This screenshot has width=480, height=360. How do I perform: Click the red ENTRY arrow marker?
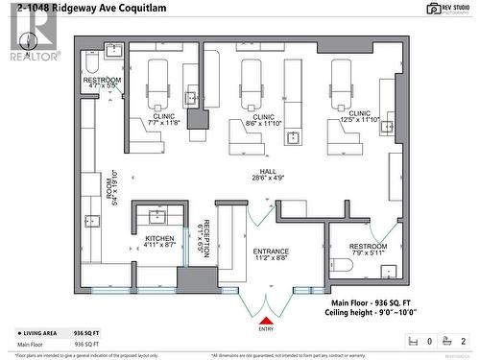click(x=266, y=320)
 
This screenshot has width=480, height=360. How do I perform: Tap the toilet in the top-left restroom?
click(x=91, y=62)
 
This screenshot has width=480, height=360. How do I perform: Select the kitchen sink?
click(x=157, y=215)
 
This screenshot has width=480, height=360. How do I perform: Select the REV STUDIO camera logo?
click(x=447, y=8)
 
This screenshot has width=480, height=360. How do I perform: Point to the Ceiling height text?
click(x=369, y=311)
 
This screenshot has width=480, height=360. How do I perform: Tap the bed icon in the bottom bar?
click(x=412, y=341)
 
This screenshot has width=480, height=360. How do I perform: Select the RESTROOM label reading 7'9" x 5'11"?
click(x=368, y=250)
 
